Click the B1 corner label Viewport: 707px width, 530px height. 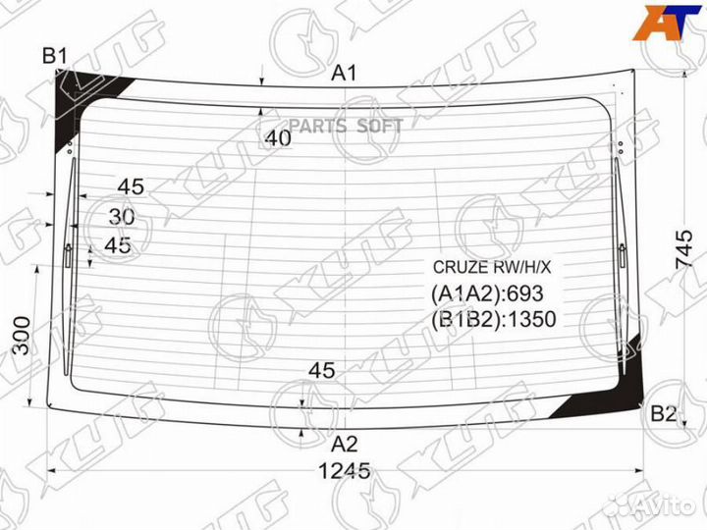(55, 56)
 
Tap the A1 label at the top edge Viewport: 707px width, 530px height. (344, 73)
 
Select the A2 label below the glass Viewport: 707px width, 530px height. (344, 445)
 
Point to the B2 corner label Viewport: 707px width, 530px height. (663, 413)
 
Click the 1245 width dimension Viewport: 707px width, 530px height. (345, 471)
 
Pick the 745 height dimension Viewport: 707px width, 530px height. (683, 249)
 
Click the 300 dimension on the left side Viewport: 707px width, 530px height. (22, 336)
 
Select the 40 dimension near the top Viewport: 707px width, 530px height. (278, 138)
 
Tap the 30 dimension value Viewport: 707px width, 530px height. (122, 217)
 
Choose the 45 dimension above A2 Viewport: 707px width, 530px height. (322, 370)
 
